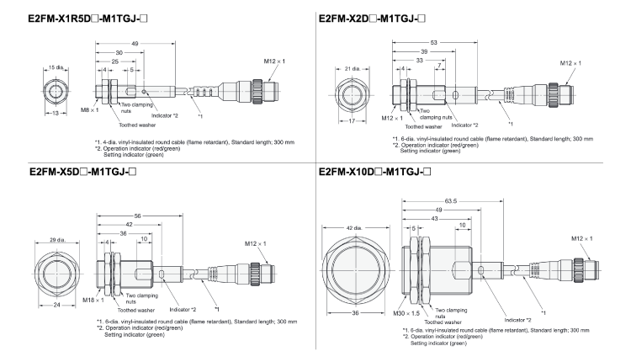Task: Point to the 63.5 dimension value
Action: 460,202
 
